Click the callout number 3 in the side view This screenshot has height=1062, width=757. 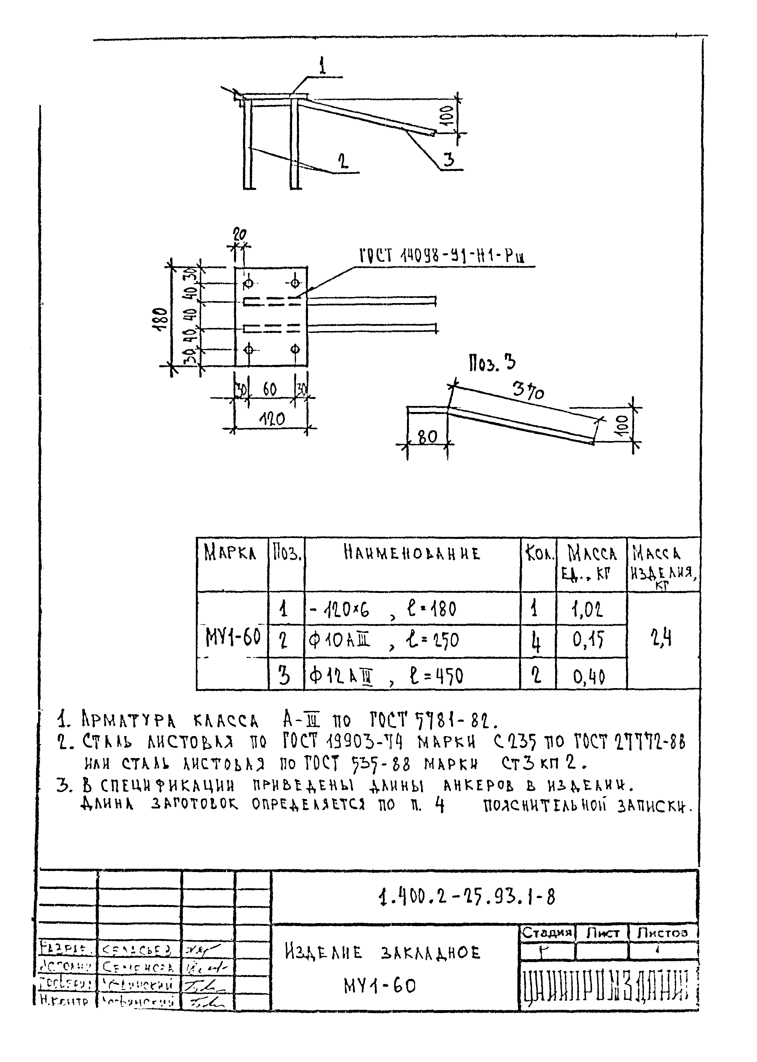pyautogui.click(x=448, y=160)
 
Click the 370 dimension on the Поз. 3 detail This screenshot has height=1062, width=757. pyautogui.click(x=528, y=391)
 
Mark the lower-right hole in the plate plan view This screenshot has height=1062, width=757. pyautogui.click(x=295, y=348)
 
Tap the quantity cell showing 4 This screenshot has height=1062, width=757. pyautogui.click(x=537, y=643)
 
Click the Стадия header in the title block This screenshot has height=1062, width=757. pyautogui.click(x=547, y=932)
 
